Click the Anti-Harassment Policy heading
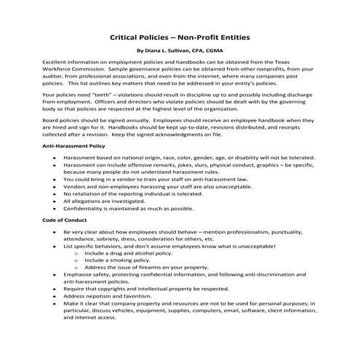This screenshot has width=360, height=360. tap(75, 147)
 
